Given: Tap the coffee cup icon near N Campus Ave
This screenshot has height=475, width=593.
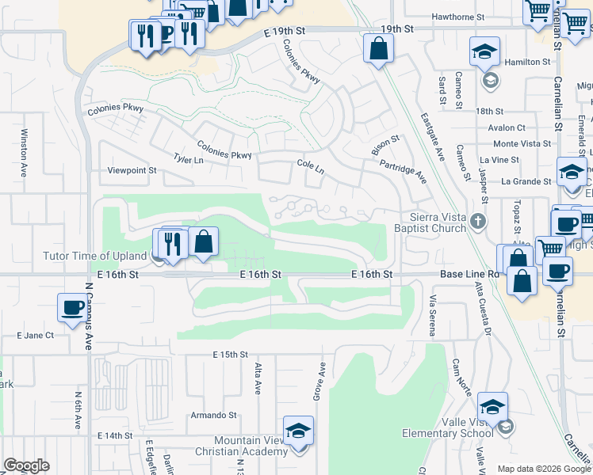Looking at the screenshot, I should click(x=72, y=307).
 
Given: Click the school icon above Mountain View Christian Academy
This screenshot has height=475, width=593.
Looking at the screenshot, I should click(x=299, y=431).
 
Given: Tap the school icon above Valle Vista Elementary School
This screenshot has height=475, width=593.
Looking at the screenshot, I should click(x=492, y=407).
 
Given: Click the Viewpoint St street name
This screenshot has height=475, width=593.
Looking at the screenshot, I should click(x=132, y=170).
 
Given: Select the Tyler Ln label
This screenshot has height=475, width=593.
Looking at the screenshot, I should click(x=182, y=159).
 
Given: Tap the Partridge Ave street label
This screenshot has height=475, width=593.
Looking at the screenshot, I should click(x=403, y=170).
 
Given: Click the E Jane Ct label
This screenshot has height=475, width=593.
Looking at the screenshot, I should click(x=35, y=335).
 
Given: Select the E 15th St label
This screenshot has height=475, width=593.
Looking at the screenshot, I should click(x=230, y=354).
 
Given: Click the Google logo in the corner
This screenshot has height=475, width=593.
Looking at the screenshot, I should click(x=26, y=465).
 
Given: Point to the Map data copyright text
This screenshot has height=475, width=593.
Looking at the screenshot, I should click(x=543, y=469).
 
